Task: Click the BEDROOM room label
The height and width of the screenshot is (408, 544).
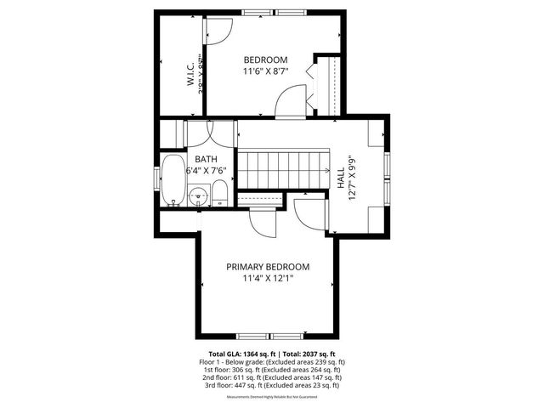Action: [265, 59]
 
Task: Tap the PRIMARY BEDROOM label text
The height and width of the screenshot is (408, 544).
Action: [267, 266]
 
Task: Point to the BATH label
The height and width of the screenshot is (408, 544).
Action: [206, 159]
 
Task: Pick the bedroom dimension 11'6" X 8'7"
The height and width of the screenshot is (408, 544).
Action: [265, 71]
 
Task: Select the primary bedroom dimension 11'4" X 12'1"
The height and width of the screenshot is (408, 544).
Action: [267, 278]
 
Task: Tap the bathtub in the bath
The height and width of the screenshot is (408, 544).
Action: [173, 180]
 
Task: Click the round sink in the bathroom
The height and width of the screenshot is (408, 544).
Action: [199, 195]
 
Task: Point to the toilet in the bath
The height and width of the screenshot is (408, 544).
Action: [218, 192]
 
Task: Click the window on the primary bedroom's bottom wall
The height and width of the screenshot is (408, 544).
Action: [267, 335]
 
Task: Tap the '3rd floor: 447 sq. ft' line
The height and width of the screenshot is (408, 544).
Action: [271, 385]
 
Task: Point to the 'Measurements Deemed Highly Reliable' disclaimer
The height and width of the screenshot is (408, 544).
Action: [272, 397]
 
